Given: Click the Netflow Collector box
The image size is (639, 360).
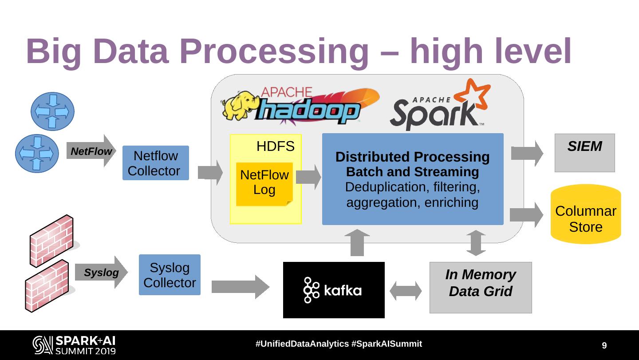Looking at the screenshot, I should click(155, 163).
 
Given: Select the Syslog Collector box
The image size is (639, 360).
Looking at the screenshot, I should click(170, 275).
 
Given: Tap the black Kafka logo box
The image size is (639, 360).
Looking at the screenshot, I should click(334, 290).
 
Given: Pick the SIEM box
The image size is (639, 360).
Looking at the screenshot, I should click(584, 153).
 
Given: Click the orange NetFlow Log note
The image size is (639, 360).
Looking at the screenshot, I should click(264, 184).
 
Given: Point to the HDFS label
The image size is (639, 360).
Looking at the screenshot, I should click(275, 146).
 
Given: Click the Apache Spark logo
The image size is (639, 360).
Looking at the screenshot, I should click(439, 107).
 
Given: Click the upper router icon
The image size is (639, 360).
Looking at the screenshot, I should click(52, 111).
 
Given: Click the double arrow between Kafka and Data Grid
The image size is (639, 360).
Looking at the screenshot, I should click(406, 291).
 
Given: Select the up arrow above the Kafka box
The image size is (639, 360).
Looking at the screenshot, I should click(357, 242).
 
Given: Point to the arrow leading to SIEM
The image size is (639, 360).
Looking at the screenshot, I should click(527, 153).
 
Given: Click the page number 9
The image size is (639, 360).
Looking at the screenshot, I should click(604, 345).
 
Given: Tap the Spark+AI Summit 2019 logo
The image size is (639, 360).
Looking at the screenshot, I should click(74, 345).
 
